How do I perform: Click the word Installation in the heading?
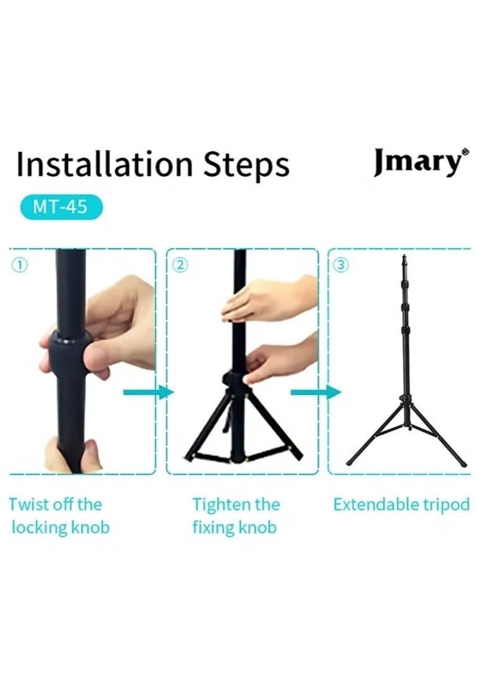click(x=97, y=165)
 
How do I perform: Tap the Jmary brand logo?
click(x=417, y=162)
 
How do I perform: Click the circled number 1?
click(x=20, y=265)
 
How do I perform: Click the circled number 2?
click(x=179, y=265)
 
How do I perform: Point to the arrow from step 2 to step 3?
click(x=316, y=392)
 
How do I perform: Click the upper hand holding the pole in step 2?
click(x=266, y=300)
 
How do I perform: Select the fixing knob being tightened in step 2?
click(x=233, y=379)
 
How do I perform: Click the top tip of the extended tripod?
click(x=404, y=257)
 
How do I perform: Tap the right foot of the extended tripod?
click(x=463, y=464)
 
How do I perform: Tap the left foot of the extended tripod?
click(x=350, y=463)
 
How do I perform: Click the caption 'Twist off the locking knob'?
click(x=59, y=516)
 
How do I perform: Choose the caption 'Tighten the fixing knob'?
click(x=236, y=516)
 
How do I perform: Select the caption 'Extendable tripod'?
click(x=401, y=505)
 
